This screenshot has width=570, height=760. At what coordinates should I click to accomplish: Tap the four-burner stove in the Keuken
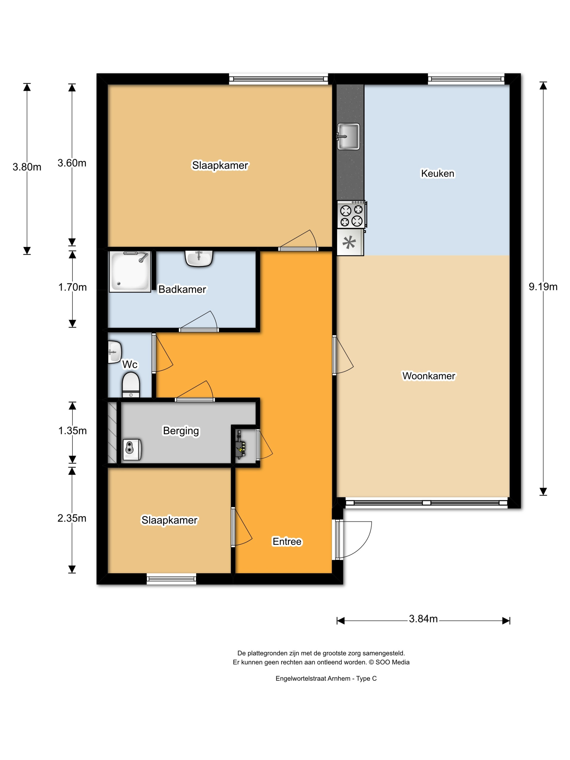[351, 214]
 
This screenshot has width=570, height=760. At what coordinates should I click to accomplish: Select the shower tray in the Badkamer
[130, 271]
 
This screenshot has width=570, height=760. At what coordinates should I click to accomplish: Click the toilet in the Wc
[131, 385]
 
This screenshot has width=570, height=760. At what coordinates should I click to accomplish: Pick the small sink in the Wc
[114, 352]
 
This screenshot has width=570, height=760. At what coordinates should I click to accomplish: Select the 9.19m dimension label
[543, 286]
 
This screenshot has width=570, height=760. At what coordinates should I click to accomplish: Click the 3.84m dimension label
[423, 619]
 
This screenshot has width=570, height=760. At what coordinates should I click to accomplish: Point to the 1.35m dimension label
[72, 430]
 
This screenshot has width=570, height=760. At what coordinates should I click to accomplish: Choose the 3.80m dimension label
[27, 167]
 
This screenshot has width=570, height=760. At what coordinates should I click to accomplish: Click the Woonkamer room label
[429, 376]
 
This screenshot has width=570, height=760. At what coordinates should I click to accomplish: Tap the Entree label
[287, 541]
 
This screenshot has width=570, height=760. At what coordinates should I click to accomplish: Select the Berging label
[181, 431]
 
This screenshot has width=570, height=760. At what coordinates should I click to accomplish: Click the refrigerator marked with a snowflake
[350, 243]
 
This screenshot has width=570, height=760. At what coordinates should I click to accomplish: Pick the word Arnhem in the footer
[339, 679]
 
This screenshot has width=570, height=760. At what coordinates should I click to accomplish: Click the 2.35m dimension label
[72, 518]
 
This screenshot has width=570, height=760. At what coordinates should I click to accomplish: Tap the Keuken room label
[438, 173]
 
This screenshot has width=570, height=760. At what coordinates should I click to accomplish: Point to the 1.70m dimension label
[72, 287]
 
